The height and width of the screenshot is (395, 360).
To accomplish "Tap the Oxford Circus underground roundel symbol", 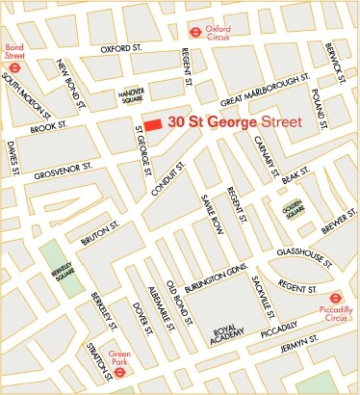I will click(195, 30).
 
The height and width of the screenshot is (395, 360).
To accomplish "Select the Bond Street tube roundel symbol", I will click(13, 68).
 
